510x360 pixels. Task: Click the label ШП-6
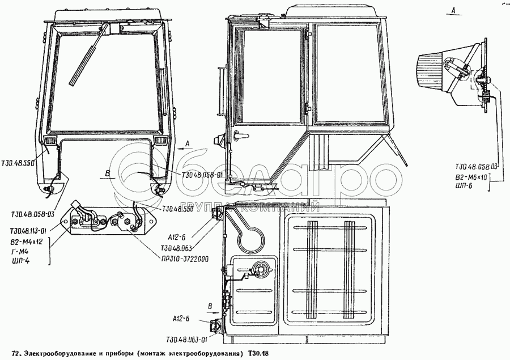465,187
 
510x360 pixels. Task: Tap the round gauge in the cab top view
262,269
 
